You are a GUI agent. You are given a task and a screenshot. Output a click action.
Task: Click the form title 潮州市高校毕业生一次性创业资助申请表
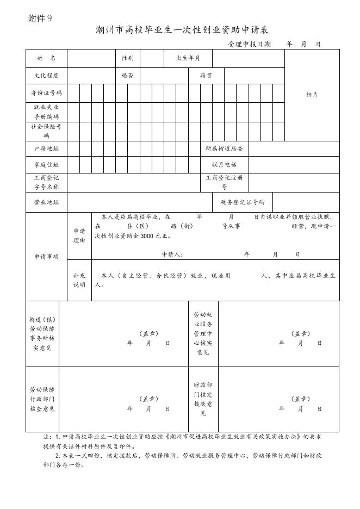(x=182, y=29)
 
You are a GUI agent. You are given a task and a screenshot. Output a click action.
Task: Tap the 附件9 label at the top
(x=40, y=18)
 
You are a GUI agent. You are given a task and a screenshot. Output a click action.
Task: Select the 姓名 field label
(x=46, y=58)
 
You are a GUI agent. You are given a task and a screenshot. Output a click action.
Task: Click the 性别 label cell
(x=127, y=58)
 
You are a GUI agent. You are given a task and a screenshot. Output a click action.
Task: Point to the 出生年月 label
(x=188, y=58)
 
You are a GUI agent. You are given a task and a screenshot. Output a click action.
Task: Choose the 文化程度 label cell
(x=46, y=76)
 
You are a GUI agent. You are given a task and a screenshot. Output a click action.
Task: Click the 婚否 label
(x=127, y=76)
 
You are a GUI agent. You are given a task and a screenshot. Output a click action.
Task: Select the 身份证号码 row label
(x=46, y=93)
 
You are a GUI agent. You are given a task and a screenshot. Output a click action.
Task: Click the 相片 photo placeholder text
(x=312, y=95)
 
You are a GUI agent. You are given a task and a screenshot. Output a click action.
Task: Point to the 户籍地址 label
(x=46, y=148)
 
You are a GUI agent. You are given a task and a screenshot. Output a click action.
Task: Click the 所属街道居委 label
(x=224, y=148)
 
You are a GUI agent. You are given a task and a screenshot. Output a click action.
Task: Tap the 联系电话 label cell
(x=224, y=164)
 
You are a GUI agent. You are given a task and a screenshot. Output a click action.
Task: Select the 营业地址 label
(x=46, y=202)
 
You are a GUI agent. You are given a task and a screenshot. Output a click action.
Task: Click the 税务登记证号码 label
(x=242, y=202)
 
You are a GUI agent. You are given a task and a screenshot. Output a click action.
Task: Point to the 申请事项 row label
(x=46, y=257)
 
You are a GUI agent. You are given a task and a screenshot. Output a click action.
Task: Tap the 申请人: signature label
(x=172, y=254)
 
